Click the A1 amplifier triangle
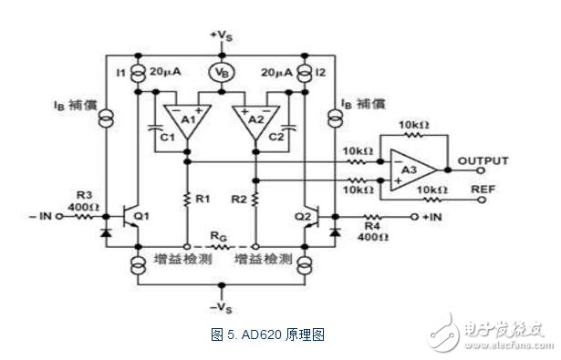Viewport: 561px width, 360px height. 185,120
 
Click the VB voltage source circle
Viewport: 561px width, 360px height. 220,68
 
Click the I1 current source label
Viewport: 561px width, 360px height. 118,70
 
